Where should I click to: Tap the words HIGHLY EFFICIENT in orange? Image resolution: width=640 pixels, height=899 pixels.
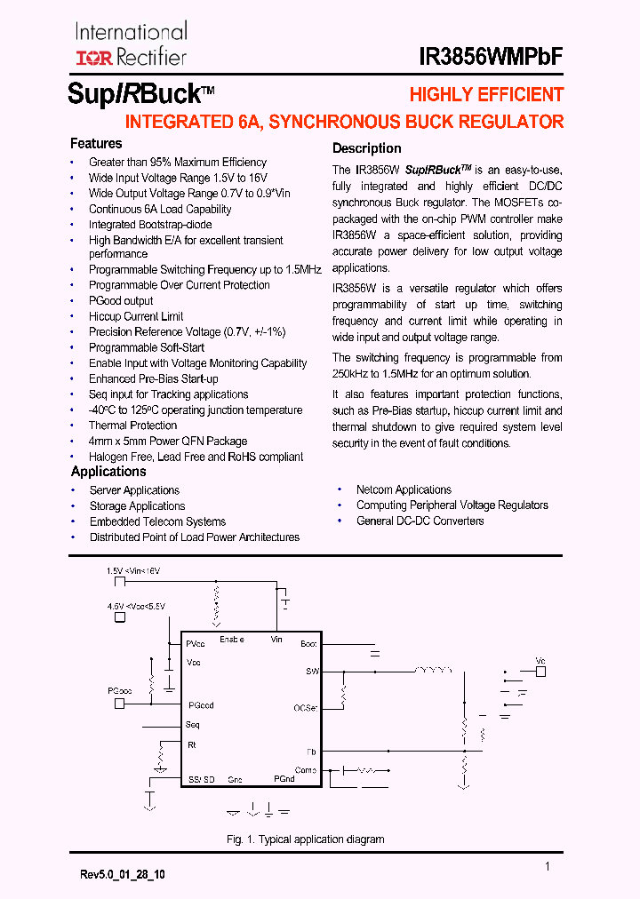coord(486,95)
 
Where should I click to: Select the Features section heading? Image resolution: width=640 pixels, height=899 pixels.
coord(96,143)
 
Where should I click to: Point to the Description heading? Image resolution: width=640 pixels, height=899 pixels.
coord(366,148)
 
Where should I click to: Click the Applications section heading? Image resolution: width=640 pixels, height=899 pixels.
coord(108,472)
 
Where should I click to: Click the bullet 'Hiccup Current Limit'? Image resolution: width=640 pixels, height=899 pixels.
coord(136,316)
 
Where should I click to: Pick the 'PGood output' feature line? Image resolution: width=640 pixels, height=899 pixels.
coord(121,300)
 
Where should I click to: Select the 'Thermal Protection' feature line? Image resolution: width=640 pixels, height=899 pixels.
coord(132,426)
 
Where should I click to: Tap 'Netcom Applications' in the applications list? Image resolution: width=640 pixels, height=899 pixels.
coord(404,489)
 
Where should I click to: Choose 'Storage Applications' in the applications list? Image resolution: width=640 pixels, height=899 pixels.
coord(137,506)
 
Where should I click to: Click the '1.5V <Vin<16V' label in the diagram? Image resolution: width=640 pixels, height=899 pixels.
coord(132,570)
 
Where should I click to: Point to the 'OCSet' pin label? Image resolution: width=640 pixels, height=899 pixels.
coord(305,708)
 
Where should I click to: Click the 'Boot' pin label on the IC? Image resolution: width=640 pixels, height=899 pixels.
coord(308,643)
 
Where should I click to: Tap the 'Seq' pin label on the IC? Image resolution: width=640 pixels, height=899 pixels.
coord(193,725)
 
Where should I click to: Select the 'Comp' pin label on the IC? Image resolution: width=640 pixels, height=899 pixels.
coord(306,770)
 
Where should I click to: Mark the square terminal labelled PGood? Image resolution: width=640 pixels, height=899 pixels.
coord(118,704)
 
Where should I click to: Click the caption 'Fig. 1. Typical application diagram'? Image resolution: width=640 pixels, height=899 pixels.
coord(305,839)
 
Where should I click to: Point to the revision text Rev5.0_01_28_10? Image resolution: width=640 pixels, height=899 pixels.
coord(122,875)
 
